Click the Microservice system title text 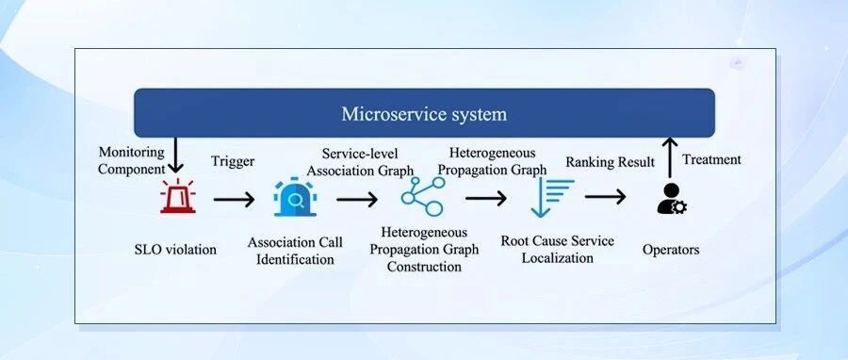[424, 114]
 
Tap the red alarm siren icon [178, 196]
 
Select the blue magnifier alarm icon [295, 197]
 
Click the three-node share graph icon [423, 197]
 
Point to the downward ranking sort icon [551, 197]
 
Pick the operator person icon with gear [672, 199]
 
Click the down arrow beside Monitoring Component [175, 155]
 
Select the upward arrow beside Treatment [670, 157]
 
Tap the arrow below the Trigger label [234, 200]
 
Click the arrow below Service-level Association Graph [357, 200]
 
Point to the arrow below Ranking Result [605, 197]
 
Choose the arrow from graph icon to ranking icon [485, 198]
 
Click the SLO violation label [175, 249]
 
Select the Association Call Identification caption [295, 251]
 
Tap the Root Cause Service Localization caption [557, 249]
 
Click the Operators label [671, 250]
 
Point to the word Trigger [233, 161]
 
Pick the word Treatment [711, 159]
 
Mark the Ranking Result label [610, 162]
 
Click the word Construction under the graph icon [424, 267]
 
